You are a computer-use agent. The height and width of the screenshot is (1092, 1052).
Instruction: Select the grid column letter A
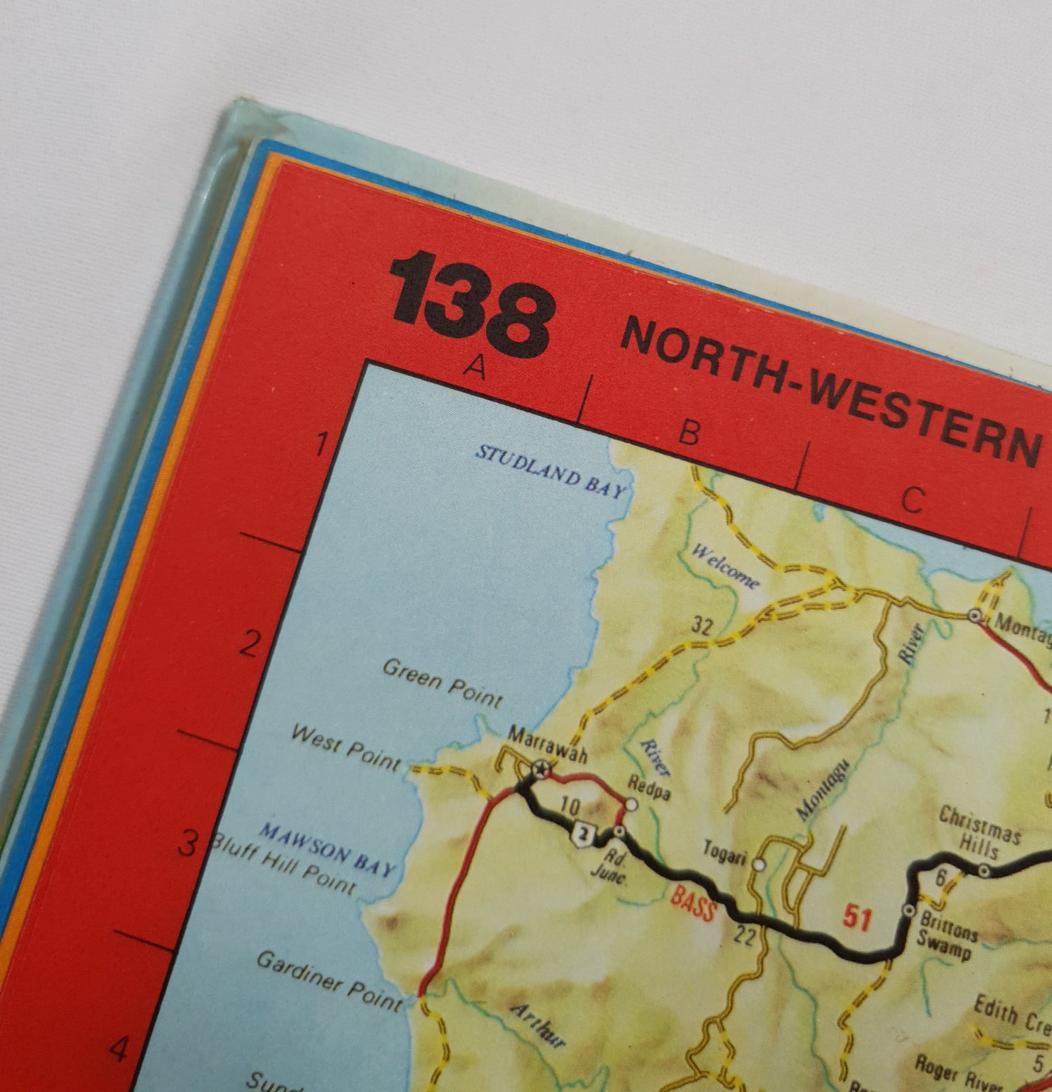click(477, 367)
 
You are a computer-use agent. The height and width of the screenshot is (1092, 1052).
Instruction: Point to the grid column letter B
click(689, 432)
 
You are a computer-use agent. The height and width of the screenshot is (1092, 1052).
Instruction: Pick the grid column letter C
click(912, 500)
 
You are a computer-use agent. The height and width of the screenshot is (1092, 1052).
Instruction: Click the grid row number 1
click(322, 444)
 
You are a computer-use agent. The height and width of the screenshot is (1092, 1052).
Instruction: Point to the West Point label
click(346, 747)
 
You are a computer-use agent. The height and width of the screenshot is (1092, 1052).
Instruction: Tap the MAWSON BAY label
click(328, 850)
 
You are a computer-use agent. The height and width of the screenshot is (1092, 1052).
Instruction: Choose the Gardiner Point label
click(330, 980)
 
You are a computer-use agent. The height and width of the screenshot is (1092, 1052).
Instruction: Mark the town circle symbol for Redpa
click(631, 805)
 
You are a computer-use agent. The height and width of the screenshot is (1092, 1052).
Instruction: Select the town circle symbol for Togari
click(759, 865)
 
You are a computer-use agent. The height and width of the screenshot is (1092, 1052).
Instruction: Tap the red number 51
click(857, 916)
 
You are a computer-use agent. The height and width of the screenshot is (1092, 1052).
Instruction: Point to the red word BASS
click(694, 903)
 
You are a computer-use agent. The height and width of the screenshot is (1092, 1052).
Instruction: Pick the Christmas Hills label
click(980, 832)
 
